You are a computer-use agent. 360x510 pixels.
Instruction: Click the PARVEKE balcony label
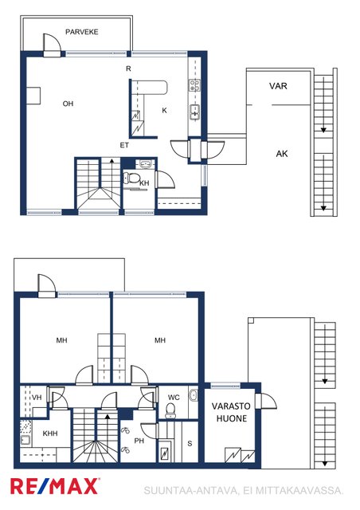click(x=81, y=32)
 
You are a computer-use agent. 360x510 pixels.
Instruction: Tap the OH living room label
click(x=68, y=104)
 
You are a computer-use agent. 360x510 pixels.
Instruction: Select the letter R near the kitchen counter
click(x=128, y=69)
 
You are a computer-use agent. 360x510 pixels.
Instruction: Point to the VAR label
click(x=278, y=86)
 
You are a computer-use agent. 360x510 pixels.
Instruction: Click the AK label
click(x=282, y=154)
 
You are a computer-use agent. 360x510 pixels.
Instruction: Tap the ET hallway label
click(x=124, y=145)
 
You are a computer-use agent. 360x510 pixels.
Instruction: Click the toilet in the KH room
click(x=131, y=178)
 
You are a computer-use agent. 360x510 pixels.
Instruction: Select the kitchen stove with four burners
click(x=195, y=85)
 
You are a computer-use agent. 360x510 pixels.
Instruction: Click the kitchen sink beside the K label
click(x=195, y=112)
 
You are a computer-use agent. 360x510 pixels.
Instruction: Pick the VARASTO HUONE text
click(x=231, y=412)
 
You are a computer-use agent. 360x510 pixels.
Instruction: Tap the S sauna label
click(x=190, y=443)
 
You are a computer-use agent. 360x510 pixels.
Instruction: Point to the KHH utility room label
click(x=50, y=433)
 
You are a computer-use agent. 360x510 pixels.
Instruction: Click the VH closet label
click(x=37, y=397)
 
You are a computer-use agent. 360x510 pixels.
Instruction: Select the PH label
click(x=139, y=441)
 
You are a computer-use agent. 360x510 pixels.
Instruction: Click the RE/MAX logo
click(x=55, y=486)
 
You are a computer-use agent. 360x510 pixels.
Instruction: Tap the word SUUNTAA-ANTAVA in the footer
click(x=191, y=491)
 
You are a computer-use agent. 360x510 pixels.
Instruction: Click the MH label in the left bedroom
click(x=61, y=340)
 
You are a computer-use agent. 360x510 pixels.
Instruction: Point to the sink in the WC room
click(x=194, y=395)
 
